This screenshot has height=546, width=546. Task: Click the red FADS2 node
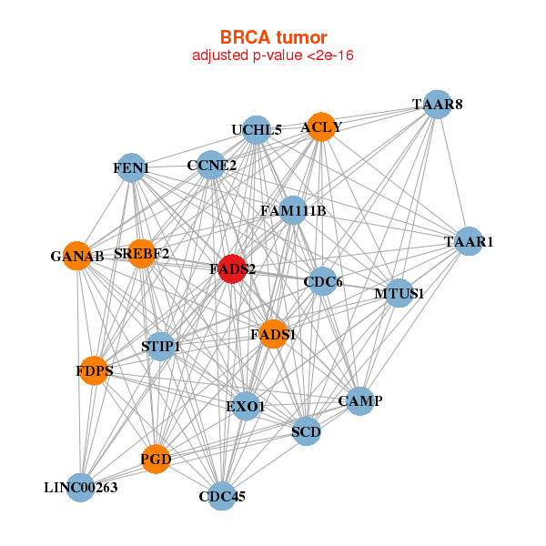(232, 269)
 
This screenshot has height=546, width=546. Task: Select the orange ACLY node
(321, 126)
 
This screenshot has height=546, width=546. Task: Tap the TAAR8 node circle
(438, 105)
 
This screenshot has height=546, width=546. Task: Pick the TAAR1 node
(469, 242)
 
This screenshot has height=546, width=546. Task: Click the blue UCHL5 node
(257, 130)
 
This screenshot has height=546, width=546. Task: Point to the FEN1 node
(132, 167)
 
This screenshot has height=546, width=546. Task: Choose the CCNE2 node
(211, 166)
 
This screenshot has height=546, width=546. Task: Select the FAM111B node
(292, 211)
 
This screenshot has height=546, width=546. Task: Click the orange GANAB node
(77, 257)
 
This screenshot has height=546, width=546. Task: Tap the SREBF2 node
(142, 253)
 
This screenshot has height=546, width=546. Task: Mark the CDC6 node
(323, 282)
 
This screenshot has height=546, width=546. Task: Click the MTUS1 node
(399, 293)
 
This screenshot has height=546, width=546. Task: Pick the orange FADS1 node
(273, 335)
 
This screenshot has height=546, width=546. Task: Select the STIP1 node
(161, 346)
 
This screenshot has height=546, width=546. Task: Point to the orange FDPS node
(93, 370)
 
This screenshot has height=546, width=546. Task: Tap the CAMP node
(360, 400)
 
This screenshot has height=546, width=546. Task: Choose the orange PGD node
(156, 460)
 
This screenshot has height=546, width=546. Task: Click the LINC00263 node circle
(81, 488)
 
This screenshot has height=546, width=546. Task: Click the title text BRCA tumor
(272, 37)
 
